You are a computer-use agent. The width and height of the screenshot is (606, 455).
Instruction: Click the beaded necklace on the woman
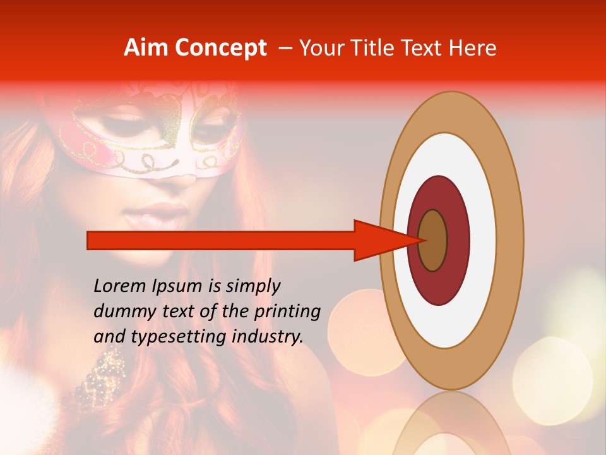tap(104, 373)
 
